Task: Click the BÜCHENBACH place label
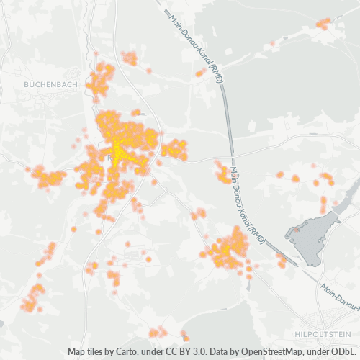tap(50, 84)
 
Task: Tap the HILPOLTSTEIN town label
tap(321, 335)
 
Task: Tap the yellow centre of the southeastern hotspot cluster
tap(231, 248)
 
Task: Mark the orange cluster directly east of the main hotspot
tap(174, 150)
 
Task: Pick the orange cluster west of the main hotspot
tap(49, 177)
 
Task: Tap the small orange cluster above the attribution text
tap(156, 332)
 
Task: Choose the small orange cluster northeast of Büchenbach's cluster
tap(130, 58)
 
